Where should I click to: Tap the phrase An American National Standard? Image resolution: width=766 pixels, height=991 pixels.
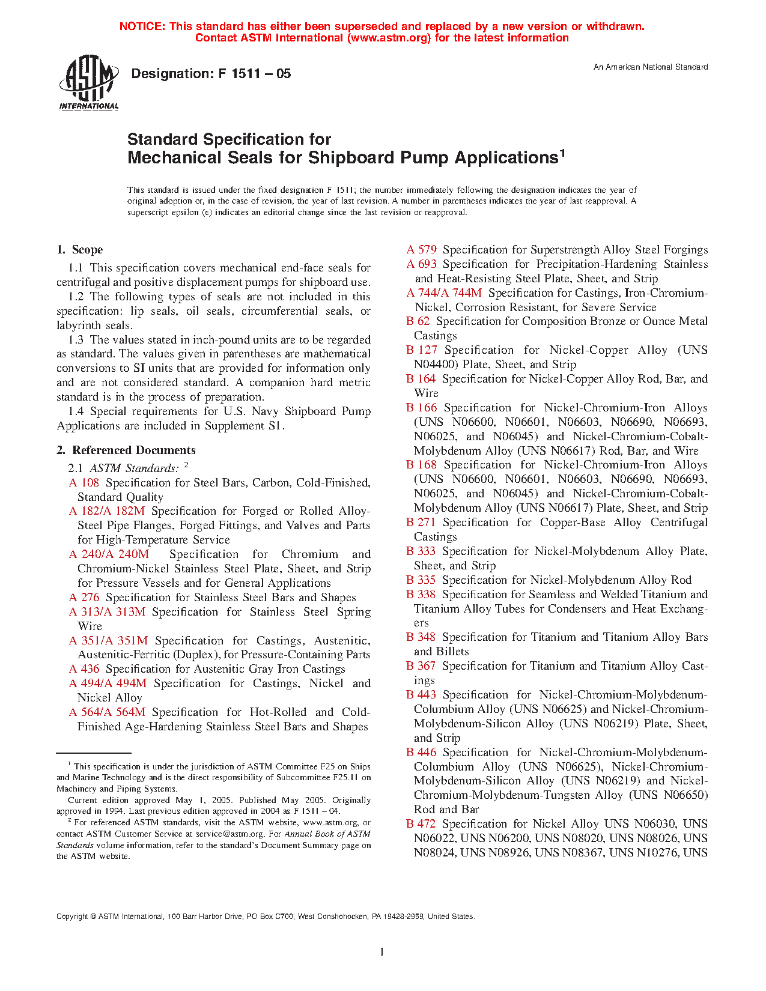(x=650, y=67)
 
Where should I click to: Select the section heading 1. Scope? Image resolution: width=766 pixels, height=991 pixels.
(x=79, y=250)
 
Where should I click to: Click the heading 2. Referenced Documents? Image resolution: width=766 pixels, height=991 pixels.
(x=126, y=450)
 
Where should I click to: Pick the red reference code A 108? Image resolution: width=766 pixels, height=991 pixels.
(x=84, y=483)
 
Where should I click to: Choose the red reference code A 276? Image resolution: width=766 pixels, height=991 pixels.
(x=84, y=598)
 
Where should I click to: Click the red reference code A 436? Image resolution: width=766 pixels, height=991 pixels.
(x=84, y=669)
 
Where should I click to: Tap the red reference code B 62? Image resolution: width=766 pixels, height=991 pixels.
(x=418, y=321)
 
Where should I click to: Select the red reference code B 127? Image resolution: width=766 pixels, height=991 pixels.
(x=422, y=350)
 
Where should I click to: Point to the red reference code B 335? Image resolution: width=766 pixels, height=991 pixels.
(x=421, y=580)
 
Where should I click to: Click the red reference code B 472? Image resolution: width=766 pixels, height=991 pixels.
(x=421, y=824)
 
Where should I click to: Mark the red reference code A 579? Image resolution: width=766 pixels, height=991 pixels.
(x=422, y=250)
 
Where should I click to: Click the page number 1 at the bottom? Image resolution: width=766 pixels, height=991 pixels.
(x=382, y=951)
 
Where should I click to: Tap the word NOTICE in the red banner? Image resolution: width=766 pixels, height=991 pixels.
(x=142, y=26)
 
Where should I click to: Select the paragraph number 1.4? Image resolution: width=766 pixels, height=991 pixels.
(x=76, y=411)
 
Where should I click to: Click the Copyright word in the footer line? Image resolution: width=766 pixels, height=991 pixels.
(x=72, y=917)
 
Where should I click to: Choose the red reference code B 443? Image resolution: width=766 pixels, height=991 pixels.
(x=421, y=695)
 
